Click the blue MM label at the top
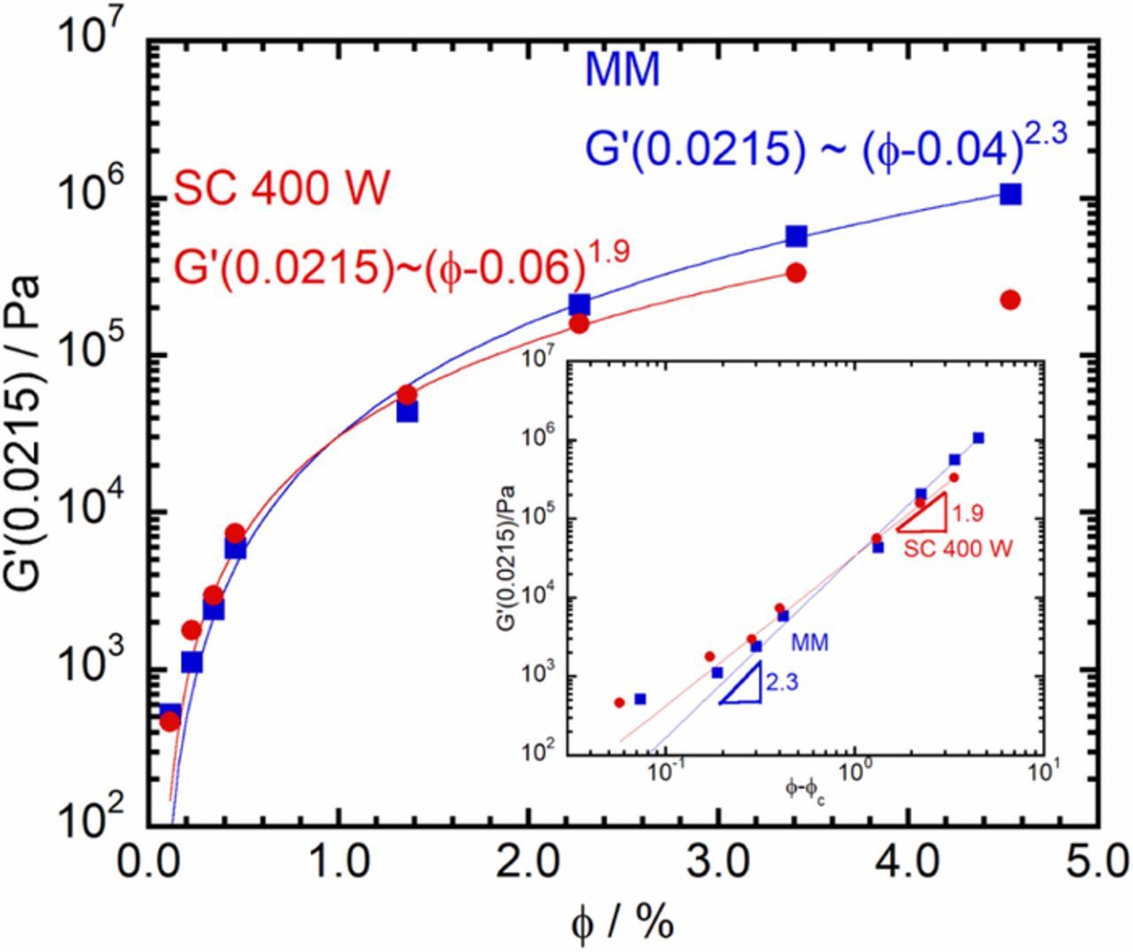(x=622, y=71)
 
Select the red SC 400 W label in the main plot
(x=281, y=190)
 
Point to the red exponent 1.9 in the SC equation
(x=605, y=252)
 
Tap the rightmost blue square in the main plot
(x=1010, y=194)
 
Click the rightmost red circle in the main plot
(x=1010, y=300)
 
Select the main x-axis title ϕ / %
(x=622, y=923)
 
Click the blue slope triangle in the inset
(x=744, y=687)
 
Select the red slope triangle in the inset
(x=925, y=515)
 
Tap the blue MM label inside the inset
(x=809, y=643)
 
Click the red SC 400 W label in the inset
(x=958, y=549)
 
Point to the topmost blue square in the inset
(x=978, y=437)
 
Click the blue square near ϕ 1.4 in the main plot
(x=407, y=411)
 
